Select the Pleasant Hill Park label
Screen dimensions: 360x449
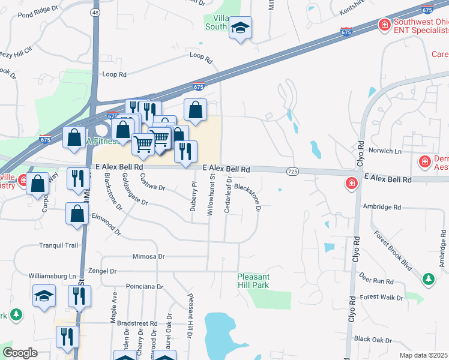[261, 281]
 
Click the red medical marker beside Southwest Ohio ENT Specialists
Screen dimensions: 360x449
[383, 25]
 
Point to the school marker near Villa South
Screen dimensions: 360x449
[240, 28]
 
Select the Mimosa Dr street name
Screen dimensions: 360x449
[148, 256]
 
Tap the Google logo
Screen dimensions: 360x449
[20, 353]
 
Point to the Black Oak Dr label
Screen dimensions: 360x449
[373, 339]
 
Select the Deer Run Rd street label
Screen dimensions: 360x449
[376, 281]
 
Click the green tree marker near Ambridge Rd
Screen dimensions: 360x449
[428, 279]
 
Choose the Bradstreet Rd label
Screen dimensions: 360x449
[137, 322]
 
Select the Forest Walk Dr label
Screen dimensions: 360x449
[381, 297]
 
